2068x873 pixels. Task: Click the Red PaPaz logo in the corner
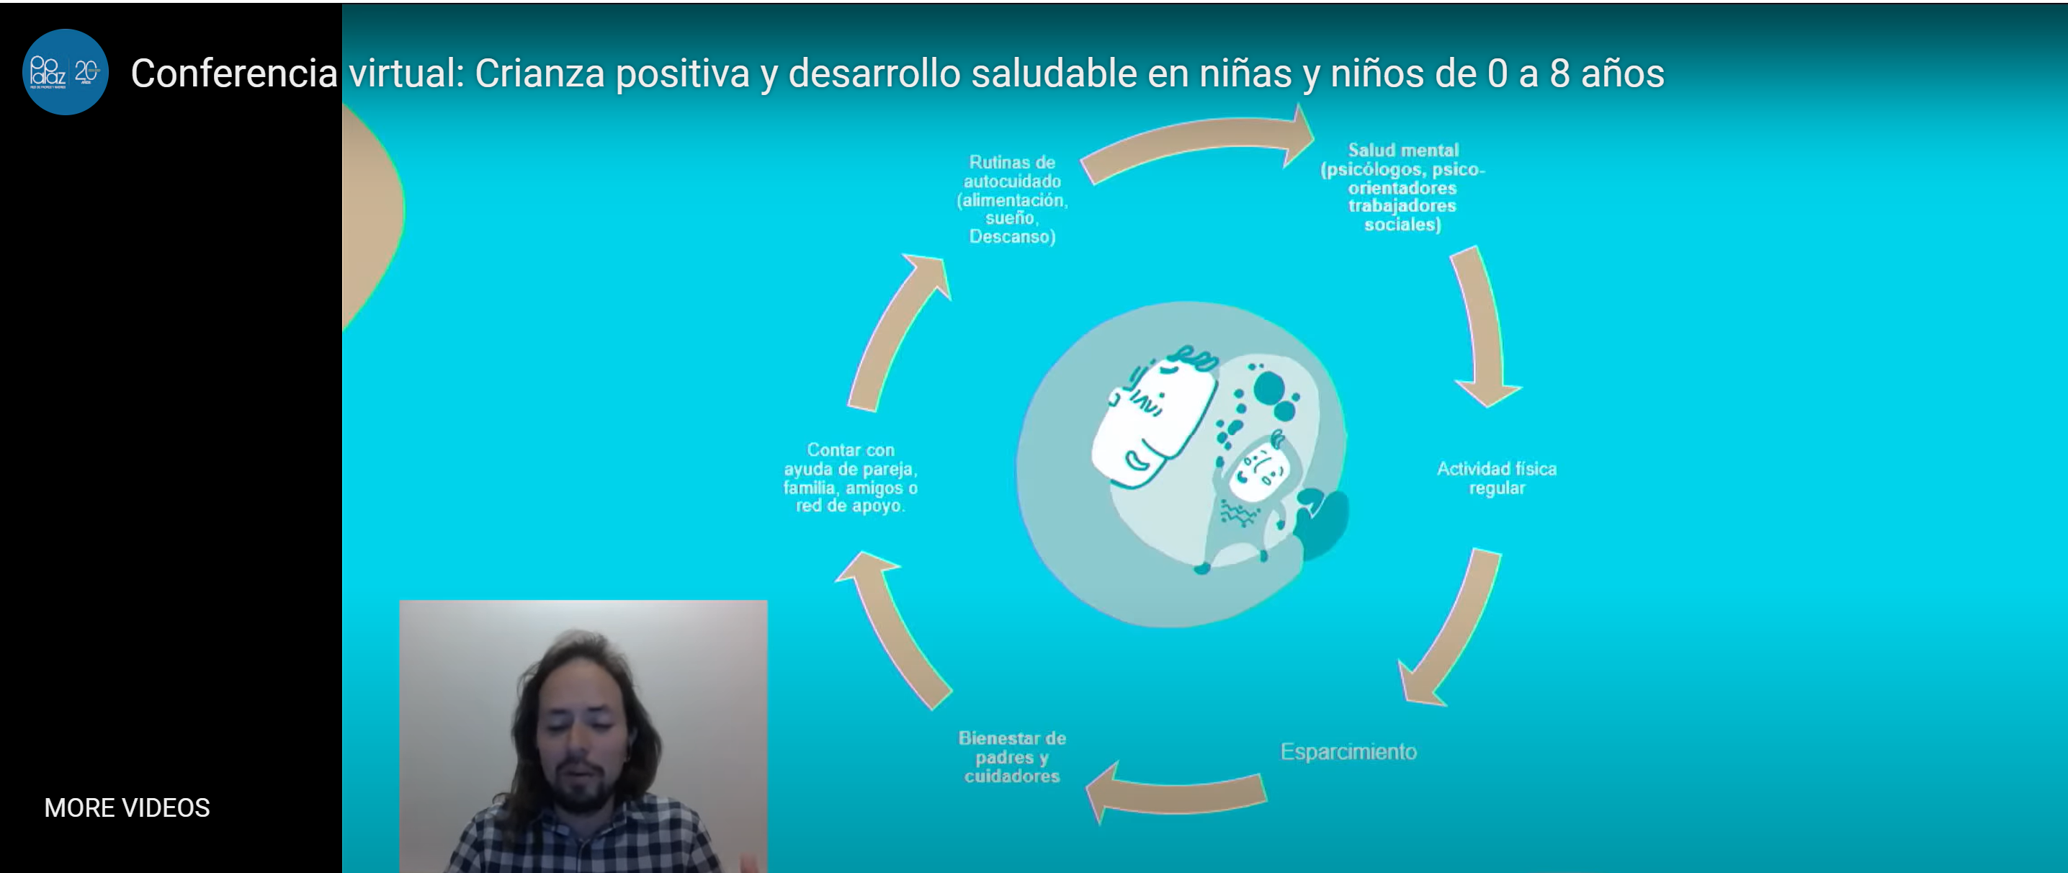pos(65,72)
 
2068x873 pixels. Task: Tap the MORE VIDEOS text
pos(127,807)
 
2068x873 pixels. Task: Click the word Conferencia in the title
pos(233,74)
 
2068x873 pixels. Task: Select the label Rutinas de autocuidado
pos(1011,200)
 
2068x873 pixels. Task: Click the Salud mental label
pos(1402,187)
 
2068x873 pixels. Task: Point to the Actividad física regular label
pos(1496,478)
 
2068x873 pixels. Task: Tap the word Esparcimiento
pos(1348,752)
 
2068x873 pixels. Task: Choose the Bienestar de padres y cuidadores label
pos(1011,756)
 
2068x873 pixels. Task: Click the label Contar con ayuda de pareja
pos(850,478)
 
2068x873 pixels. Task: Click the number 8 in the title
pos(1559,74)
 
